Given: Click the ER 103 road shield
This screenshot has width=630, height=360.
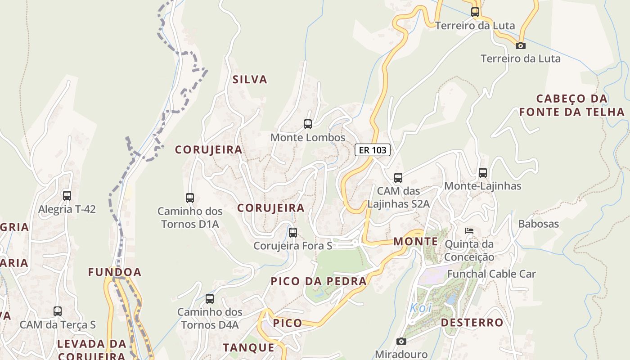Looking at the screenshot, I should click(372, 150).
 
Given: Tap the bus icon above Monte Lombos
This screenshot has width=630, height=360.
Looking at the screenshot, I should click(308, 124).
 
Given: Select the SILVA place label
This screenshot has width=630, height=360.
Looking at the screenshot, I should click(250, 80).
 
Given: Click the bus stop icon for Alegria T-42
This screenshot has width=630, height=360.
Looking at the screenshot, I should click(67, 196).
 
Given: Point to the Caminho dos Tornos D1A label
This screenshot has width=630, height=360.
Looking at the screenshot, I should click(189, 217).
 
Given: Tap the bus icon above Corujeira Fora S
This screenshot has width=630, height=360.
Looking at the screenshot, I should click(293, 233).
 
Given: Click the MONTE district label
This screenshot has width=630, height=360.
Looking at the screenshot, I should click(415, 242).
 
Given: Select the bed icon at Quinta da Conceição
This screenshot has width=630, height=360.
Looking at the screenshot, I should click(469, 231).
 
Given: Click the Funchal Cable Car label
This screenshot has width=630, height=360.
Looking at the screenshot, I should click(491, 274).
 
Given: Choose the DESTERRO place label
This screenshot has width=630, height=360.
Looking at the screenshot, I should click(472, 323).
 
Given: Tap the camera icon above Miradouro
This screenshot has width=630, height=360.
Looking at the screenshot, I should click(401, 342).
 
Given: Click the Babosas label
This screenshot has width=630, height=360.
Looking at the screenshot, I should click(538, 224).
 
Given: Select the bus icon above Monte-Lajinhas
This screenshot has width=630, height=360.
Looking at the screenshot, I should click(483, 173).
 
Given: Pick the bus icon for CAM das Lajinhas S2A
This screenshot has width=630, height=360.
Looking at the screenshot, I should click(398, 178).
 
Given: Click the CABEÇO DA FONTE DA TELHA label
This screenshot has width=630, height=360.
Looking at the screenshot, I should click(572, 105).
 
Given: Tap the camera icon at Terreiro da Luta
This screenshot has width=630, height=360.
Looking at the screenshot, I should click(521, 45).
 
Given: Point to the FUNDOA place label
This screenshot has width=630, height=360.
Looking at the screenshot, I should click(115, 272).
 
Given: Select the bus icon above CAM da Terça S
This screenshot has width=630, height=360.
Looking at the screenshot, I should click(58, 311).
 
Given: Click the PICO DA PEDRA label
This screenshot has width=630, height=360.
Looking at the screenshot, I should click(319, 281).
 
